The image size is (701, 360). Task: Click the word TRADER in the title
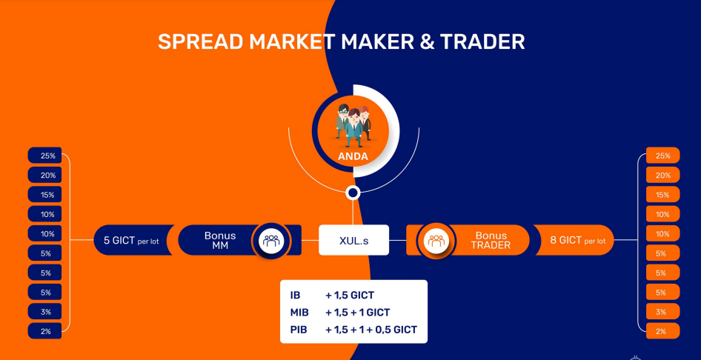point(482,41)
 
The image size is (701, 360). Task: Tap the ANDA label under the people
point(353,156)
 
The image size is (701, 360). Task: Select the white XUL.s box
point(353,240)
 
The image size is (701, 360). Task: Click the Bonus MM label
point(220,240)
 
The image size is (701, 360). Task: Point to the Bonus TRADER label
point(491,240)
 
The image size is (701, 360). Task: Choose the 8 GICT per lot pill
point(574,240)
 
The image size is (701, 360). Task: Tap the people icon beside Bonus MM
point(271,240)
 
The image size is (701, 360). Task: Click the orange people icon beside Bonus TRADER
point(436,240)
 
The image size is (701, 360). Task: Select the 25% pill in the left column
point(44,156)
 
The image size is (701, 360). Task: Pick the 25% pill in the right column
point(662,156)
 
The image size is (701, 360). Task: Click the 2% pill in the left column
point(44,331)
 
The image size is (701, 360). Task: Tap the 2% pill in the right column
point(662,331)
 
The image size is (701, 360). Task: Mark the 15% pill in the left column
point(44,194)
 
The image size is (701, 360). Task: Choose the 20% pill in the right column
point(662,175)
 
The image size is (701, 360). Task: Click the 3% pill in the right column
point(662,311)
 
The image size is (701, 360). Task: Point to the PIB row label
point(299,330)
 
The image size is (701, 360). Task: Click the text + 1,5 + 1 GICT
point(358,312)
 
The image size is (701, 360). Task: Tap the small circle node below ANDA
point(353,193)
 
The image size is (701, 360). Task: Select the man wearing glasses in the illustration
point(343,121)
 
